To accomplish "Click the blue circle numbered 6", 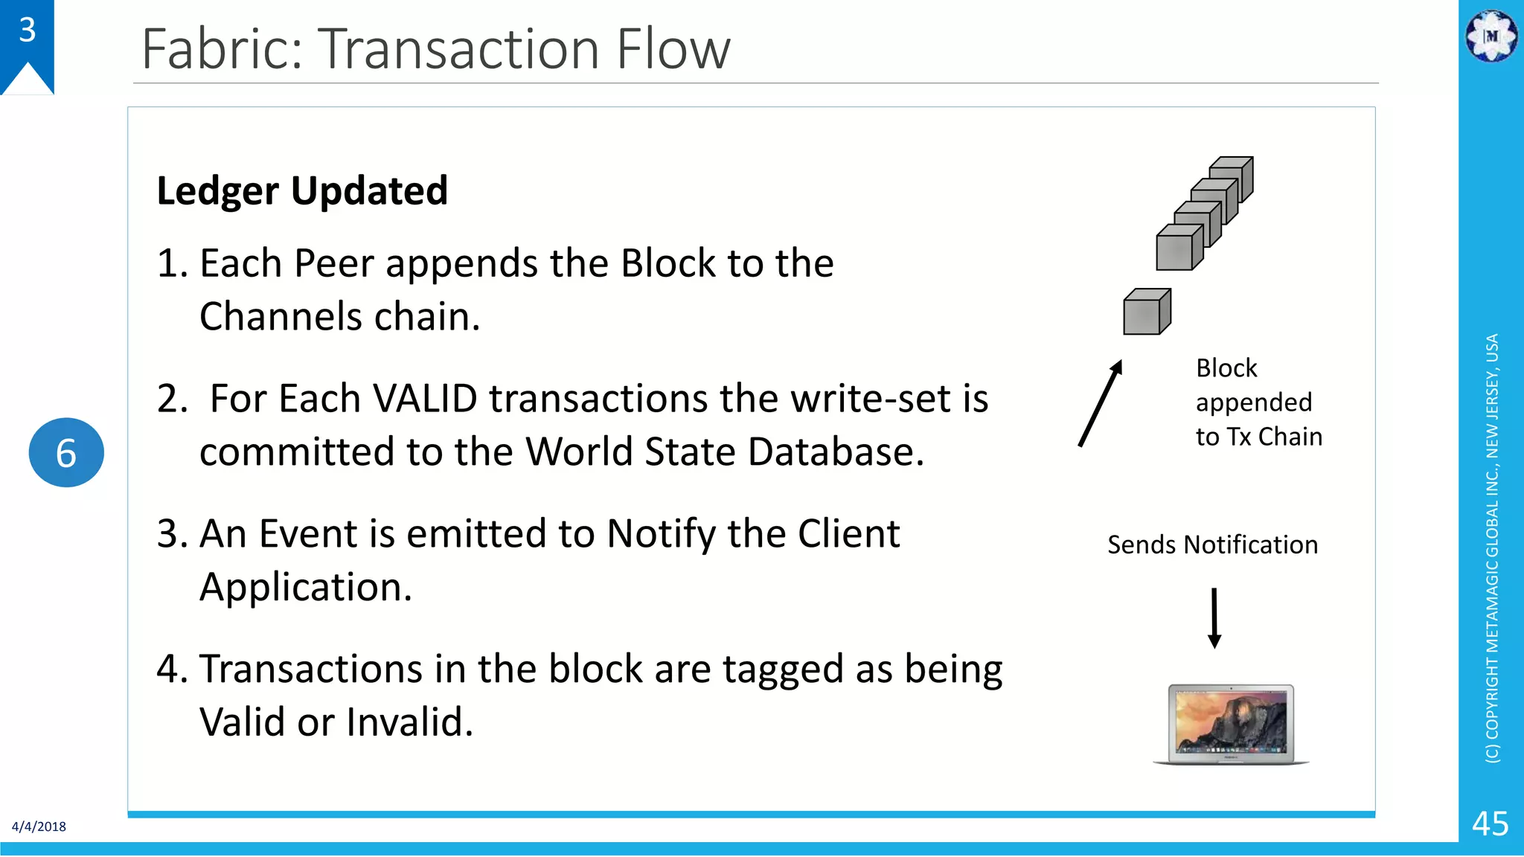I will (x=66, y=452).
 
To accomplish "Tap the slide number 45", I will (x=1490, y=824).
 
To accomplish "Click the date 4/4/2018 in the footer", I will (x=39, y=826).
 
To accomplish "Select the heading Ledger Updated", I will (x=302, y=190).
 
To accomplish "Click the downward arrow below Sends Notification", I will (x=1214, y=617).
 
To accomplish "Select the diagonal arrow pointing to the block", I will (x=1100, y=403).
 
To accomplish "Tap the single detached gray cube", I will (x=1147, y=312).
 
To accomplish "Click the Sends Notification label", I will (x=1212, y=545).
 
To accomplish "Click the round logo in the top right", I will (x=1491, y=36).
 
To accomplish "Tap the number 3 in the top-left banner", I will (x=27, y=31).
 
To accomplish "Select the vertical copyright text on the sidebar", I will (x=1491, y=548).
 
